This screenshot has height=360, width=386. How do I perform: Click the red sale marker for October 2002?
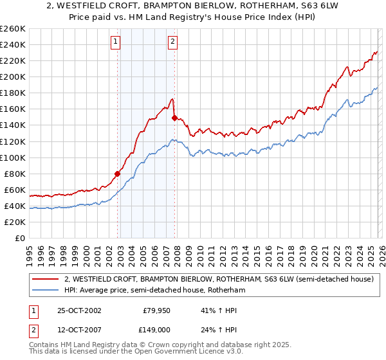pyautogui.click(x=118, y=173)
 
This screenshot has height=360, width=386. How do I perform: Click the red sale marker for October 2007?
pyautogui.click(x=174, y=118)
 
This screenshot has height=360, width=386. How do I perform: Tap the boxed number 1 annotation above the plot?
pyautogui.click(x=116, y=42)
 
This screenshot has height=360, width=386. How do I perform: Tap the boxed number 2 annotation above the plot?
pyautogui.click(x=173, y=42)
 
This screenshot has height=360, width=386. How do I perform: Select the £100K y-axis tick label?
pyautogui.click(x=12, y=157)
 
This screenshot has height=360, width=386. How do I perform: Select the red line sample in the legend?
pyautogui.click(x=44, y=279)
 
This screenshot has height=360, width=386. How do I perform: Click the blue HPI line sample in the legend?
pyautogui.click(x=44, y=290)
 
